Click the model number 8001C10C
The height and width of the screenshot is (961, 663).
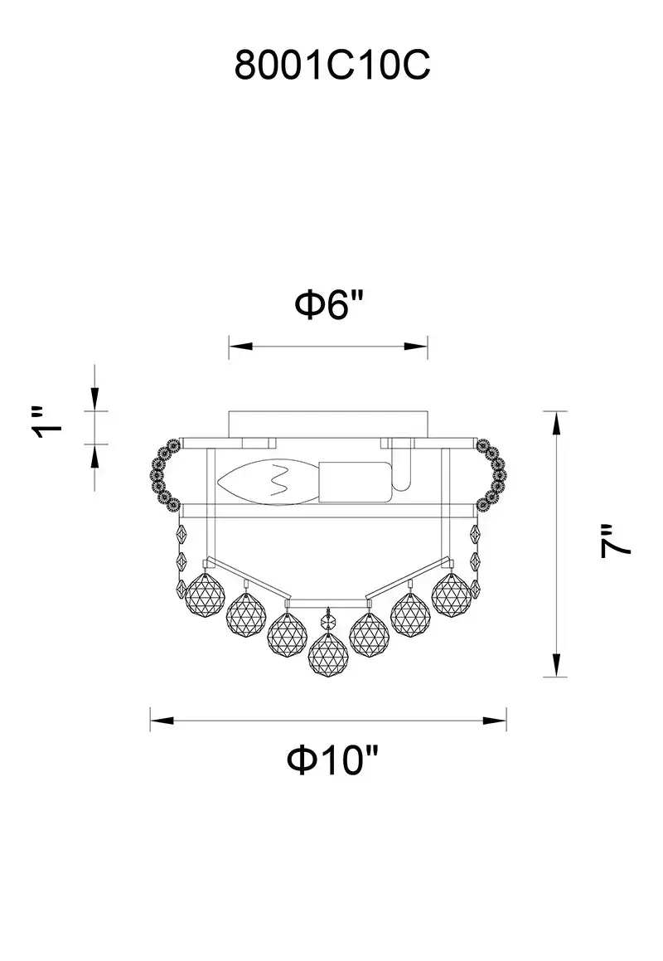coord(332,65)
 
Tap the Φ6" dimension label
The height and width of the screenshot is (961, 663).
coord(330,304)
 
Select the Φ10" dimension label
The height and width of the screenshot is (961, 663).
coord(332,760)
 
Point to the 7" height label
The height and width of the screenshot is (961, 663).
coord(615,540)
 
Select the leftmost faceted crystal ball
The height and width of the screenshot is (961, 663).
coord(204,595)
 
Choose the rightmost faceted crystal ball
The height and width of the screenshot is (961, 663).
coord(452,595)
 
